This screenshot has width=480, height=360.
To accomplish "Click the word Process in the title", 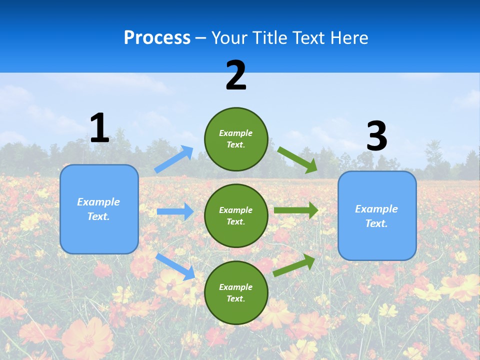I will [x=157, y=37].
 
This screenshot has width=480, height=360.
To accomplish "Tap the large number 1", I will [x=99, y=128].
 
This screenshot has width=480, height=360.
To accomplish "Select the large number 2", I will [x=236, y=75].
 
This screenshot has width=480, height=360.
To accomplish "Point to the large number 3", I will [x=376, y=136].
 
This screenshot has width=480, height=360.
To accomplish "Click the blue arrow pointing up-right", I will [x=174, y=159].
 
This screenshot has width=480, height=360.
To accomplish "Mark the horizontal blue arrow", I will [x=175, y=211].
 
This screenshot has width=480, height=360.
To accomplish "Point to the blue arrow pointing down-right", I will [x=175, y=266].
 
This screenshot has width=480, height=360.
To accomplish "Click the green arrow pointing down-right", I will [x=297, y=159].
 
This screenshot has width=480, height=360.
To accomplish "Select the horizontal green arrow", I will [x=295, y=210].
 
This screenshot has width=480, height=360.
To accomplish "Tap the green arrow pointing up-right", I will [x=294, y=265].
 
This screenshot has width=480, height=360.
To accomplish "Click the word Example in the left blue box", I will [x=98, y=202].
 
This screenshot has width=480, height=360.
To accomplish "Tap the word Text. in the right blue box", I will [x=376, y=223].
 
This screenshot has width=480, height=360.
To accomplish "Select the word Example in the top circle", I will [x=236, y=133].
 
